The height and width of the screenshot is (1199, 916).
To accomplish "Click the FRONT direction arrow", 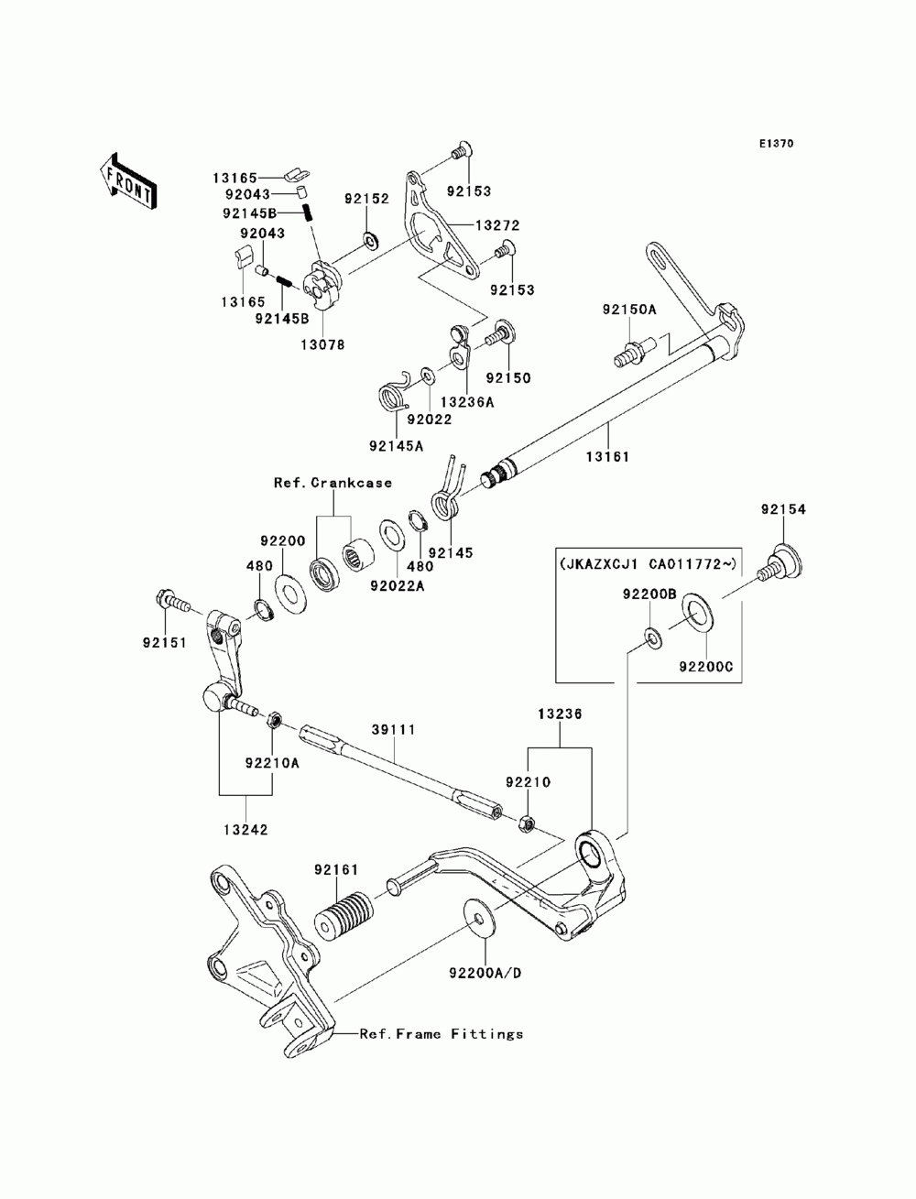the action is click(x=128, y=180).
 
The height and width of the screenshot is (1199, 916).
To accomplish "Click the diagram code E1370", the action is click(x=776, y=144).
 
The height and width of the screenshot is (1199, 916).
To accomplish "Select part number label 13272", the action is click(x=497, y=225).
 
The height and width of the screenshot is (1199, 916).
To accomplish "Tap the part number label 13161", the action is click(x=607, y=457).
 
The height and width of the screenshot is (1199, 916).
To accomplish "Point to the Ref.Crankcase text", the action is click(x=333, y=483).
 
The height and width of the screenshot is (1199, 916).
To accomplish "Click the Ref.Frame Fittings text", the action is click(x=442, y=1034).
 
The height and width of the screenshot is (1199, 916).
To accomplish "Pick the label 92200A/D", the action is click(x=485, y=973).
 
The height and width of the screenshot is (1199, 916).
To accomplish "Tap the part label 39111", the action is click(x=393, y=730).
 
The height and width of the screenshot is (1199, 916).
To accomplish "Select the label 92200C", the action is click(x=705, y=667).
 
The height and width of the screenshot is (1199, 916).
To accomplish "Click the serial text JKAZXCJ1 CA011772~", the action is click(x=649, y=563).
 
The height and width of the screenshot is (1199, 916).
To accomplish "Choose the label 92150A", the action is click(x=629, y=310).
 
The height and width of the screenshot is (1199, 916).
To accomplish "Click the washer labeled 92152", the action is click(x=371, y=239).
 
